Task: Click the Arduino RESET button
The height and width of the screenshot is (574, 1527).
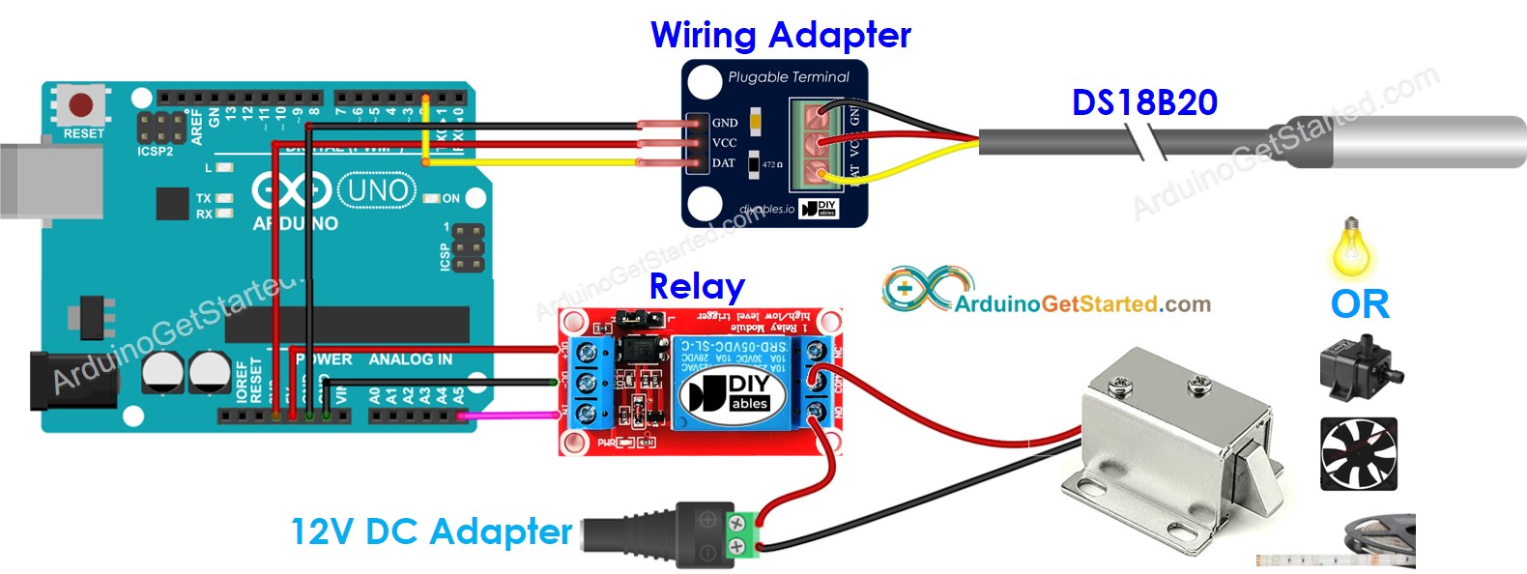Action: tap(80, 104)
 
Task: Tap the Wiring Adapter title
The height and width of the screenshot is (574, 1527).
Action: tap(780, 36)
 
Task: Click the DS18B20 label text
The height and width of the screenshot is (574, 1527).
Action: tap(1144, 102)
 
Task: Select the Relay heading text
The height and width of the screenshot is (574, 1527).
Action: tap(696, 286)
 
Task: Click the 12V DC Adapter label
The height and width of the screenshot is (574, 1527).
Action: tap(431, 531)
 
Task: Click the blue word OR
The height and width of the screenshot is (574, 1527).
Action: tap(1360, 304)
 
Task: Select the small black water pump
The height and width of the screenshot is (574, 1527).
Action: tap(1358, 367)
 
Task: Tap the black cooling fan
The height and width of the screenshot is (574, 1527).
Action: tap(1358, 453)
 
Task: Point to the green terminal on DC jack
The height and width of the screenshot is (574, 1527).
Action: tap(741, 537)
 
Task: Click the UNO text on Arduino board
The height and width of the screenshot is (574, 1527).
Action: tap(377, 190)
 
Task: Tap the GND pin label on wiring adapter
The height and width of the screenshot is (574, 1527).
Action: tap(725, 123)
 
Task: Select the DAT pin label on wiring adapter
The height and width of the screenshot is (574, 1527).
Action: tap(724, 162)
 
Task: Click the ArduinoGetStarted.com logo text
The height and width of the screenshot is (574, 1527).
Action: tap(1082, 304)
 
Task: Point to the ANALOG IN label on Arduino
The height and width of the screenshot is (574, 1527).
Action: tap(410, 359)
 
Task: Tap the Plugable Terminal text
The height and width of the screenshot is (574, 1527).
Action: tap(789, 77)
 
